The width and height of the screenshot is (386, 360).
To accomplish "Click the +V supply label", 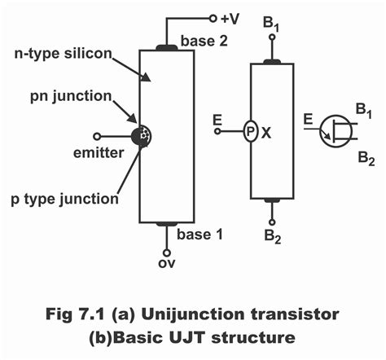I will point(230,17).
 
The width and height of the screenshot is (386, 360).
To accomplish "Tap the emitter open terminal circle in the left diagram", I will point(97,135).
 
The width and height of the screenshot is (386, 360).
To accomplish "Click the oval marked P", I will point(250,130).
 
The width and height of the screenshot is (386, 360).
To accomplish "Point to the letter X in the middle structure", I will point(268,130).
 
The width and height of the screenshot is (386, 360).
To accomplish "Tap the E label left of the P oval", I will point(216,120).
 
